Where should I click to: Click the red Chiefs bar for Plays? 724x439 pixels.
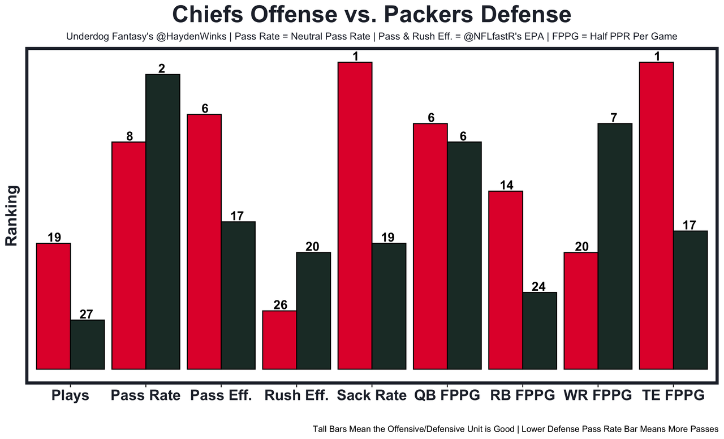(53, 306)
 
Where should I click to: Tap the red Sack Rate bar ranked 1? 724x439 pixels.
(355, 216)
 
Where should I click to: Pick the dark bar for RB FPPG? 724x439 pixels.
(540, 330)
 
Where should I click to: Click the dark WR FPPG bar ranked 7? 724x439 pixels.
(615, 246)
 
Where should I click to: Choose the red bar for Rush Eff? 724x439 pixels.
(279, 339)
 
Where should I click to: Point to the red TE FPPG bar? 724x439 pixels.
(656, 216)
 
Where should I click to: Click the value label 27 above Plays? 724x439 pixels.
(87, 315)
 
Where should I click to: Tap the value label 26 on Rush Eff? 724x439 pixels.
(280, 305)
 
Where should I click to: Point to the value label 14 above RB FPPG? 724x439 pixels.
(506, 186)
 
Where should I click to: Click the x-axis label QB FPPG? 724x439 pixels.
(447, 395)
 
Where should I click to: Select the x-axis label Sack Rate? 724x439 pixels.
(372, 395)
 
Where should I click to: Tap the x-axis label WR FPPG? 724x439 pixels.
(598, 395)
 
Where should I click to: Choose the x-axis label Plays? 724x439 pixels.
(70, 395)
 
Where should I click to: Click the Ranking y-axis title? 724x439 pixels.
(12, 216)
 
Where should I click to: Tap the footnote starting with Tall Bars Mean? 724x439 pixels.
(515, 429)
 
